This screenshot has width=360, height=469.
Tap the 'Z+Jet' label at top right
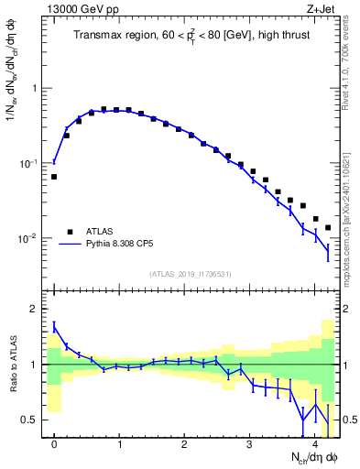[322, 10]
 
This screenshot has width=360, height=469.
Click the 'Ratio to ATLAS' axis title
[12, 365]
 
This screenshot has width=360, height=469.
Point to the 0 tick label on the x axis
[54, 444]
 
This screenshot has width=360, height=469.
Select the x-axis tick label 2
[184, 444]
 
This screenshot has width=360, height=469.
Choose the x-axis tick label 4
[314, 444]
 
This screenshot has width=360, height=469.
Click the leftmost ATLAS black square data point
[54, 177]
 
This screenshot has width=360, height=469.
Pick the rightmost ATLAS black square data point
[327, 228]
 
